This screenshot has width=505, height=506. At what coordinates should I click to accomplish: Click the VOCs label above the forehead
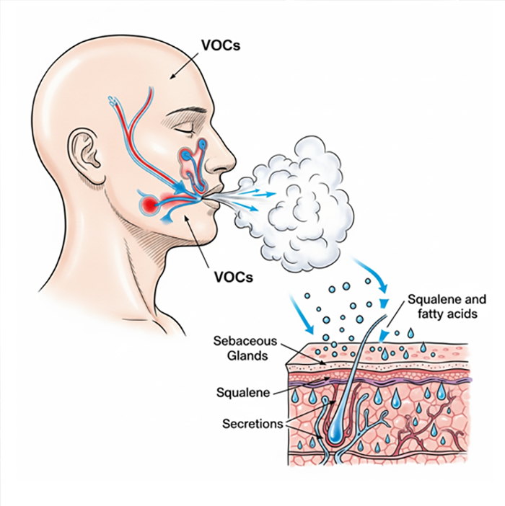point(221,45)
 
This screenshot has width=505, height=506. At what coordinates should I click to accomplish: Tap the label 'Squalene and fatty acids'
point(447,306)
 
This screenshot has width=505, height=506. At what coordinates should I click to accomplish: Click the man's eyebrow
point(189,113)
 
